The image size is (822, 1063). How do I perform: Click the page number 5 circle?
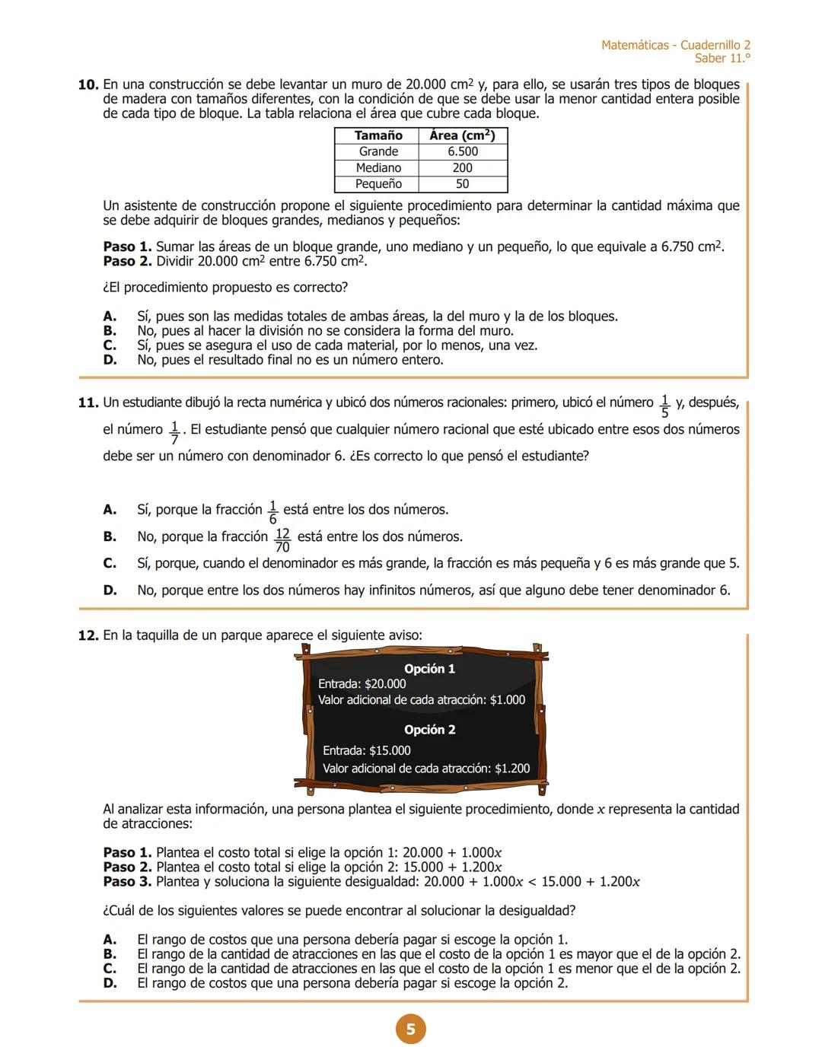[410, 1030]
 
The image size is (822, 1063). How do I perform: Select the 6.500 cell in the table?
[463, 151]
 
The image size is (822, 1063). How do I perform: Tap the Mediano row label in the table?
[378, 167]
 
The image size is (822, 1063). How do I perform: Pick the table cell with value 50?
[463, 184]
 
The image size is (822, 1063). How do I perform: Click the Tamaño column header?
[378, 135]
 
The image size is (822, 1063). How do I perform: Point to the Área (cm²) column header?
[463, 135]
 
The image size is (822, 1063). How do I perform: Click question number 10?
[88, 84]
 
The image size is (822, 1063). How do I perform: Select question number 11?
[88, 403]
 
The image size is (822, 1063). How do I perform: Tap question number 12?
[88, 635]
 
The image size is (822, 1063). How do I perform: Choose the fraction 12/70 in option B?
[282, 539]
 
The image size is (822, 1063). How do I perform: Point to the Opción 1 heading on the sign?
[429, 669]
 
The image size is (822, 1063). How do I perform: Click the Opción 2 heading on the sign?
[429, 730]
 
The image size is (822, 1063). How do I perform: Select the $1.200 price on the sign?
[512, 769]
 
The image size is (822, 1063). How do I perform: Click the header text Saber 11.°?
[722, 59]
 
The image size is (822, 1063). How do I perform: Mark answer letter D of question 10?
[110, 360]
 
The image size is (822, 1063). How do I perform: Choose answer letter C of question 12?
[110, 969]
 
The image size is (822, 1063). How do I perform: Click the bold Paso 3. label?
[127, 882]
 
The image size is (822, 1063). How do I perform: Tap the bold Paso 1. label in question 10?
[127, 247]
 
